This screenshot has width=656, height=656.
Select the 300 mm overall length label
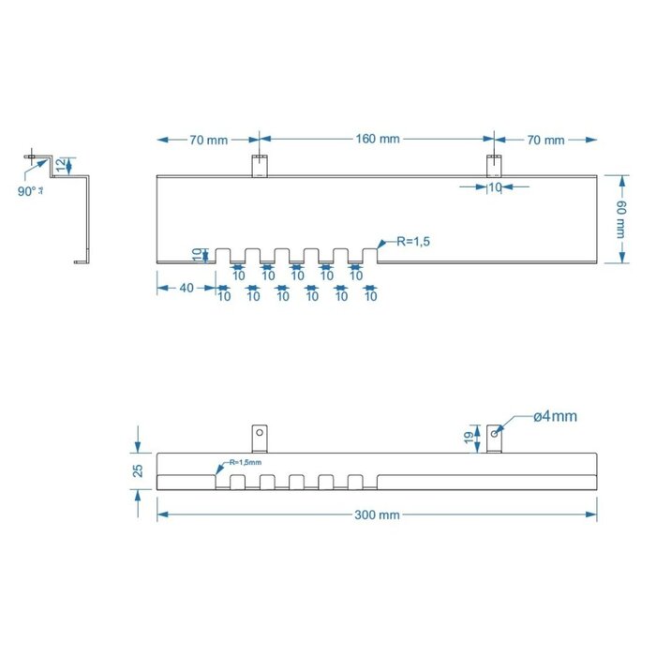pyautogui.click(x=377, y=514)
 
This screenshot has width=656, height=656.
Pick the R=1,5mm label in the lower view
pyautogui.click(x=242, y=462)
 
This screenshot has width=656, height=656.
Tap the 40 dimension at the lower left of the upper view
pyautogui.click(x=186, y=288)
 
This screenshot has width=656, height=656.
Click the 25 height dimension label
pyautogui.click(x=138, y=470)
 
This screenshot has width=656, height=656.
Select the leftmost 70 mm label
pyautogui.click(x=208, y=140)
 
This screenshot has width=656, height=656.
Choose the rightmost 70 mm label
pyautogui.click(x=545, y=140)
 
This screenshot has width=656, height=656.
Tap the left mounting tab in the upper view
pyautogui.click(x=260, y=165)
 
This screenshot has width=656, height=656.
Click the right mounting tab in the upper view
pyautogui.click(x=494, y=165)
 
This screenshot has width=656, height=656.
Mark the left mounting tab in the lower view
pyautogui.click(x=260, y=437)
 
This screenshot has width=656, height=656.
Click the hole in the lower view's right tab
pyautogui.click(x=494, y=433)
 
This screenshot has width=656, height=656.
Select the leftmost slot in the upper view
pyautogui.click(x=224, y=255)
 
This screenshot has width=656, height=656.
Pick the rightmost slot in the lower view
pyautogui.click(x=355, y=482)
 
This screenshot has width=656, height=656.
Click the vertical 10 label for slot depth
pyautogui.click(x=197, y=254)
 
